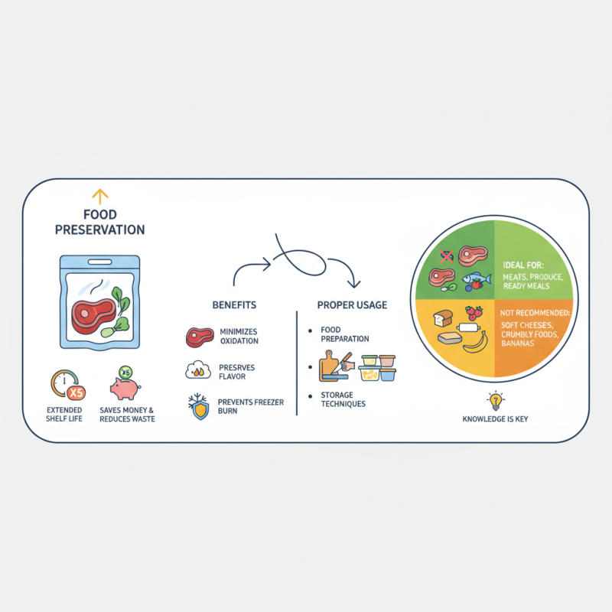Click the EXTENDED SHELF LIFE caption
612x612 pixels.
65,415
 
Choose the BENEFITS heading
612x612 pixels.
234,305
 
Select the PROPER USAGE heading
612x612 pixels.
352,305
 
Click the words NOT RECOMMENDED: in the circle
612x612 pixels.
535,313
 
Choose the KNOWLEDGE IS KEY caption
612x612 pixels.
495,420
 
